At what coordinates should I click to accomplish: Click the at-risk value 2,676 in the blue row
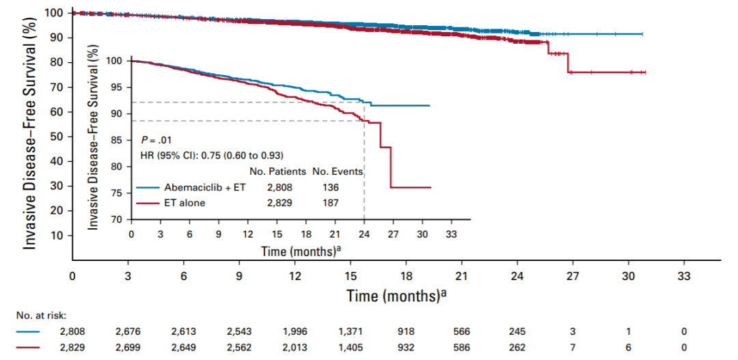tap(128, 331)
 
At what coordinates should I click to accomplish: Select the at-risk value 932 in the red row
tap(406, 346)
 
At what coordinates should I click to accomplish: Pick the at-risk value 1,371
tap(351, 331)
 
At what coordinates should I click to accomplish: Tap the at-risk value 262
tap(517, 346)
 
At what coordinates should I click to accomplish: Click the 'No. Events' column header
tap(338, 171)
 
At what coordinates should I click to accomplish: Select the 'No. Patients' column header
tap(277, 171)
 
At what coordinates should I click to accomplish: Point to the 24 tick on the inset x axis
tap(364, 232)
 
